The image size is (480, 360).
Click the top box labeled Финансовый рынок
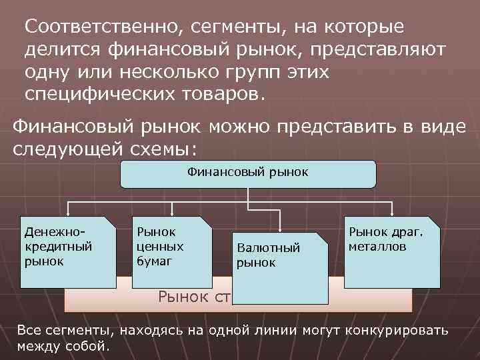(247, 173)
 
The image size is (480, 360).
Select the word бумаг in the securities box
(154, 260)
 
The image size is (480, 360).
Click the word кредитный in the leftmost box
(58, 247)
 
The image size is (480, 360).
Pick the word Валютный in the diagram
(269, 249)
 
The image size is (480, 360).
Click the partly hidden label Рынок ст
(193, 297)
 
